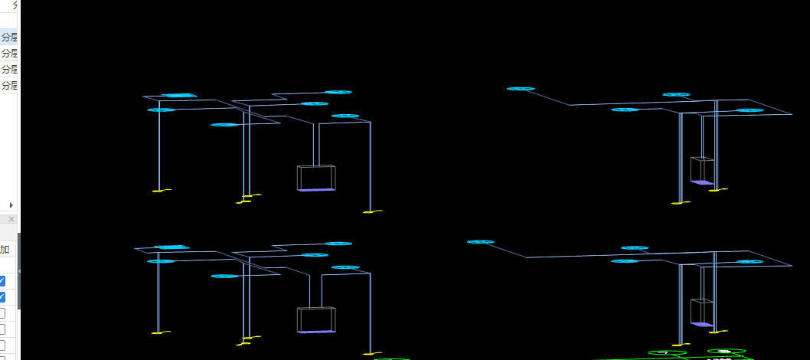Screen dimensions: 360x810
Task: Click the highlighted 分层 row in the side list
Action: point(9,37)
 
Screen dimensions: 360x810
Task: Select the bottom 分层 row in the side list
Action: point(9,86)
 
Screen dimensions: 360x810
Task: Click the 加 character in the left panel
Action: point(5,250)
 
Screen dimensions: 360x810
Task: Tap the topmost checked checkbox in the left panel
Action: point(2,281)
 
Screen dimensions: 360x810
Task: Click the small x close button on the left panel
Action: point(11,219)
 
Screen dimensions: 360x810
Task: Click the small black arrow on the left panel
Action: point(11,205)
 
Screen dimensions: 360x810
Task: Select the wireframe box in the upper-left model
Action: point(316,177)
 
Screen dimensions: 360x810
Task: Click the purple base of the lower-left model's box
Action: point(316,332)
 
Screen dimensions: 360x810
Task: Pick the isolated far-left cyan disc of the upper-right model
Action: point(521,89)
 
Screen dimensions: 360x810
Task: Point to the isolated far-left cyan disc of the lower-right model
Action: point(481,242)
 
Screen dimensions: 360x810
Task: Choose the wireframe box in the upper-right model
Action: point(701,170)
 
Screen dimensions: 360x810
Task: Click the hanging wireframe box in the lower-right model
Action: point(701,312)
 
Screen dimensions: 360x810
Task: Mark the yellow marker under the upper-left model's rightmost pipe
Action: point(372,211)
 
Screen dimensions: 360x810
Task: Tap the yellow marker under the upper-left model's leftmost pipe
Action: point(159,190)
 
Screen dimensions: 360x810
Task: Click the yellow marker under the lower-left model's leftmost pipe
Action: point(158,333)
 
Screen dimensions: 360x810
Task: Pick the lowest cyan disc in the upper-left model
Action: point(224,124)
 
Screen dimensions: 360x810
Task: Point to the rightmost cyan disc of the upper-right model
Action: point(750,110)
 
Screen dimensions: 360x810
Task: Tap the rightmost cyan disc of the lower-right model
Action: point(750,262)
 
